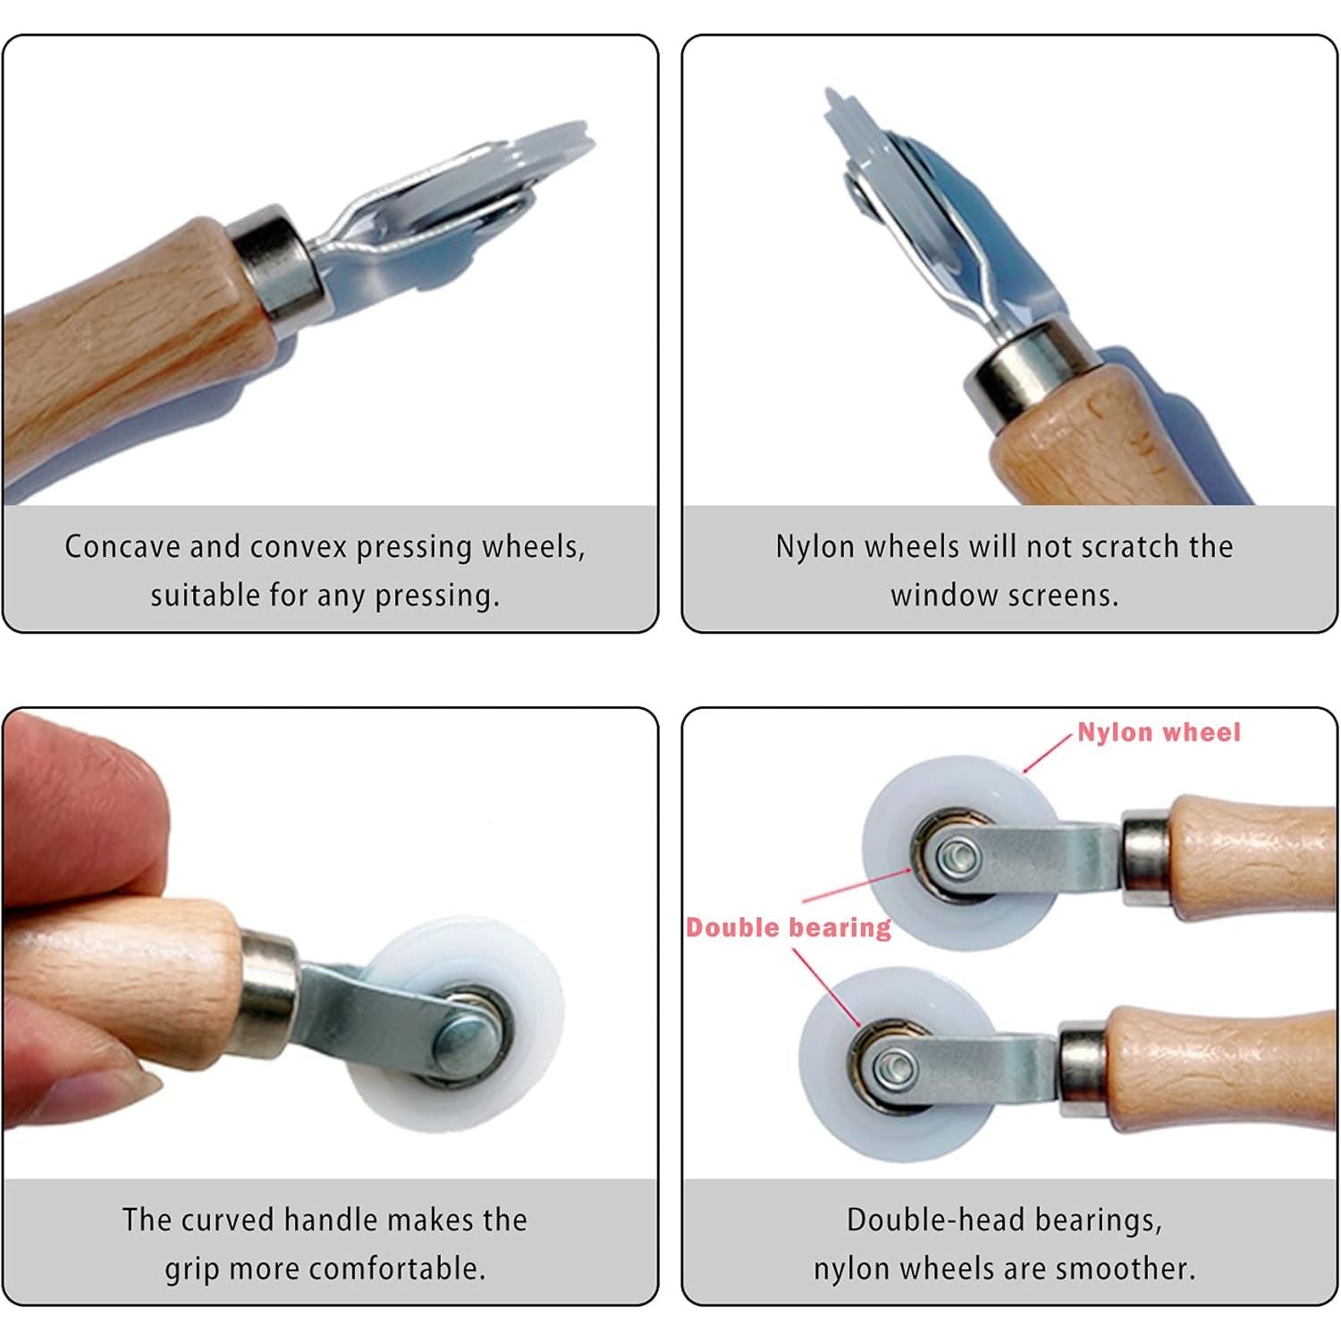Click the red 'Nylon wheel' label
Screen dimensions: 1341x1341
tap(1159, 732)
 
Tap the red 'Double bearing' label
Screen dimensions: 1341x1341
tap(789, 927)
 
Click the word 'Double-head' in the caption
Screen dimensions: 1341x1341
tap(925, 1219)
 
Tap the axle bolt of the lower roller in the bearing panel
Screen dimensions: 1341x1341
tap(894, 1066)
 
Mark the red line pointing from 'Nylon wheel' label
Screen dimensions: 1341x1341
tap(1047, 754)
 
